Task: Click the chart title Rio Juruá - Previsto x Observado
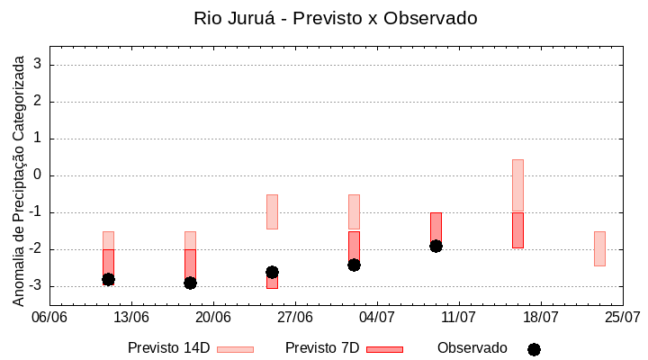(336, 18)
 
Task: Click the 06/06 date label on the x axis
(49, 317)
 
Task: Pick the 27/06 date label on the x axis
(294, 317)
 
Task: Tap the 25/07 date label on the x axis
(622, 317)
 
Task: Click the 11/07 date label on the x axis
(458, 317)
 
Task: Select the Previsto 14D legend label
(168, 348)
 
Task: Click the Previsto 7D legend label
(322, 348)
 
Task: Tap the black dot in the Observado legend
(534, 349)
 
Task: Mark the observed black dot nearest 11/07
(436, 246)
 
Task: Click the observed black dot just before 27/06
(272, 272)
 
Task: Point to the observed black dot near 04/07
(354, 265)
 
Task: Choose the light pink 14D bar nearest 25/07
(599, 248)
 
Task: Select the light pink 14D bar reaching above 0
(517, 185)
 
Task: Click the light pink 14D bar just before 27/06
(272, 211)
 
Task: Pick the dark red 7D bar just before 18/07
(517, 230)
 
